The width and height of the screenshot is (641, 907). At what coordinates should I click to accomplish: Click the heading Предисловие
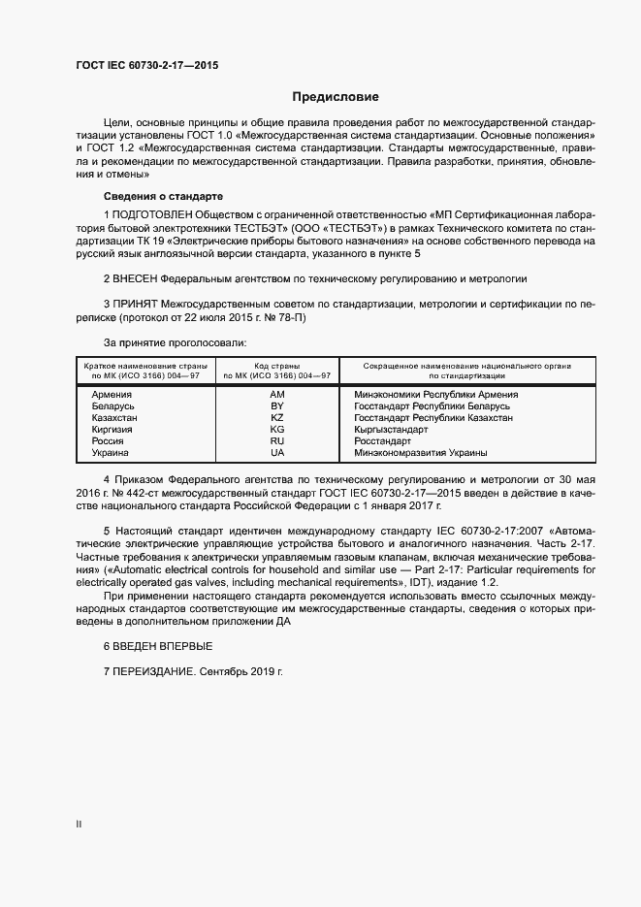(x=336, y=97)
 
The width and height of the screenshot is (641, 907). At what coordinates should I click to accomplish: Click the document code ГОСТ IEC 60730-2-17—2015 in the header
(x=146, y=63)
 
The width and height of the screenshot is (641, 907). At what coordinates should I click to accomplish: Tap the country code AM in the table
(x=277, y=395)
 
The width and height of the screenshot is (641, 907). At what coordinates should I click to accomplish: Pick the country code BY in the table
(x=277, y=406)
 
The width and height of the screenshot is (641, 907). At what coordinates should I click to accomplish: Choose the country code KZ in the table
(x=277, y=418)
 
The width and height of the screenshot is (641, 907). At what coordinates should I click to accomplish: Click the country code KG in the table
(x=277, y=430)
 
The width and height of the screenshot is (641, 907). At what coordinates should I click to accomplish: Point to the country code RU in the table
(x=277, y=441)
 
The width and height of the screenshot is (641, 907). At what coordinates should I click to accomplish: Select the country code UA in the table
(x=277, y=453)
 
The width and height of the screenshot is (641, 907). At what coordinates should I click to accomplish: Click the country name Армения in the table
(x=112, y=395)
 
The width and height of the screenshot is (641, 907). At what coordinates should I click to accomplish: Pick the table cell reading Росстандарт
(x=384, y=441)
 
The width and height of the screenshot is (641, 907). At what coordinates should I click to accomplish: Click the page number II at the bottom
(x=79, y=824)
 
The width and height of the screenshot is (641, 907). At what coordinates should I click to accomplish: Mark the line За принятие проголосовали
(x=175, y=342)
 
